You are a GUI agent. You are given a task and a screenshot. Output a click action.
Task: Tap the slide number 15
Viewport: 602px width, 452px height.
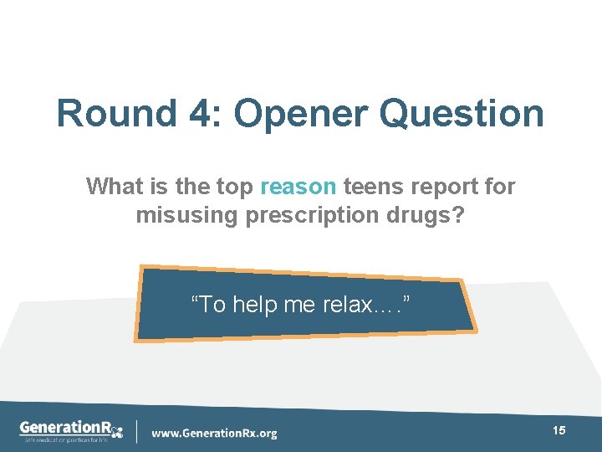[x=559, y=430]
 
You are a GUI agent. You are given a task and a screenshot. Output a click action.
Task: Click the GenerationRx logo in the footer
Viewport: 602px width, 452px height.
[x=71, y=427]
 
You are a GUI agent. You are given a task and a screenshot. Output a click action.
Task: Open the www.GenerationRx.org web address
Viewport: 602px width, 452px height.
[x=214, y=434]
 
